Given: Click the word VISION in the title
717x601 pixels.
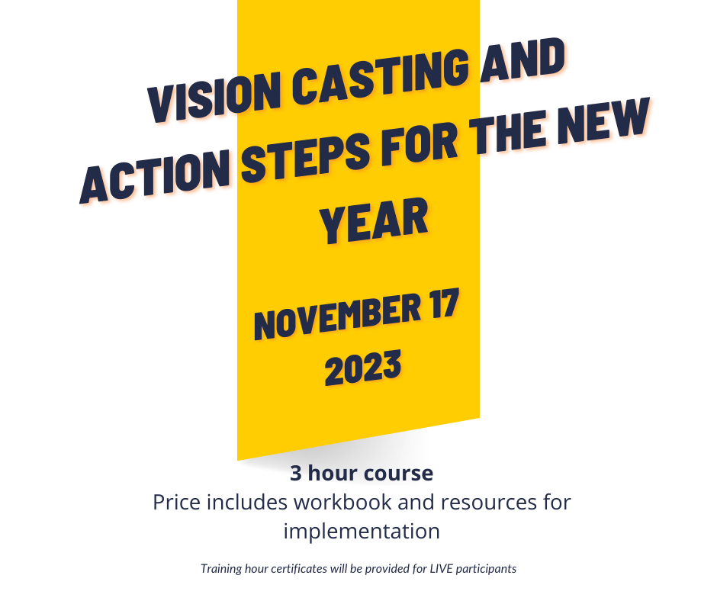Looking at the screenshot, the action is point(214,95).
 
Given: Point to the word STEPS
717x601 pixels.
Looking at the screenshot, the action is point(305,156).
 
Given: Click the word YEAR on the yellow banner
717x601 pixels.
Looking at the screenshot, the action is point(374,220).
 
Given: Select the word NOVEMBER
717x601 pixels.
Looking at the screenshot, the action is point(337,316).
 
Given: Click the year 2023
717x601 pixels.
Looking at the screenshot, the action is point(363,368).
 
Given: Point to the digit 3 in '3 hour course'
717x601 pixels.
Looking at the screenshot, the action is point(296,474).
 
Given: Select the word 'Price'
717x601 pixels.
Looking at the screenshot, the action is point(176,502).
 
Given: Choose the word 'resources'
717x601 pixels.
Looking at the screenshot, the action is point(489,503).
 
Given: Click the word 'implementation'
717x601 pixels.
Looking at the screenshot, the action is point(362,532).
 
